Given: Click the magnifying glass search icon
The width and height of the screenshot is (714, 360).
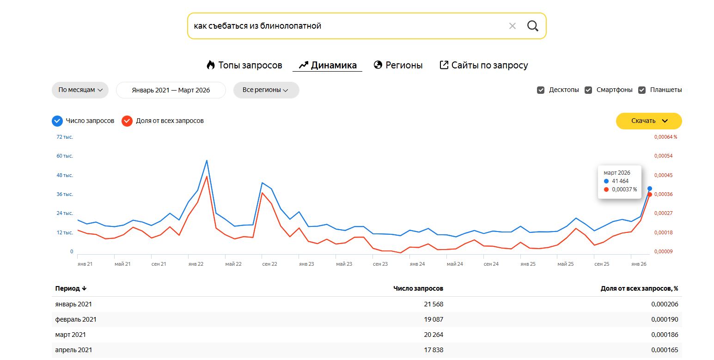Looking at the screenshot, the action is pyautogui.click(x=532, y=26).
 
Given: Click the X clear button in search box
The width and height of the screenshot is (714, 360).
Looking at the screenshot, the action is pyautogui.click(x=512, y=26).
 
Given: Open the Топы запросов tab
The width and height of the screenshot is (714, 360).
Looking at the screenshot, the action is pyautogui.click(x=244, y=65).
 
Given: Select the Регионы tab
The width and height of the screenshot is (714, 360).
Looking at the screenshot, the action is pyautogui.click(x=398, y=65).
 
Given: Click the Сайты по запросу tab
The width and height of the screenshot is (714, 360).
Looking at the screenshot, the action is pyautogui.click(x=483, y=65).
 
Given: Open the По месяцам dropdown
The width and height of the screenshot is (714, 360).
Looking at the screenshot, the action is pyautogui.click(x=80, y=90).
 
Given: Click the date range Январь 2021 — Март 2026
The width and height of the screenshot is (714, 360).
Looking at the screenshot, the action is pyautogui.click(x=171, y=90).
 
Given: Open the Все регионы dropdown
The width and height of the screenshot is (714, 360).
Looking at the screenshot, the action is pyautogui.click(x=266, y=90).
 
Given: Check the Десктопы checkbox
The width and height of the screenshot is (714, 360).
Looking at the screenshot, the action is pyautogui.click(x=541, y=90).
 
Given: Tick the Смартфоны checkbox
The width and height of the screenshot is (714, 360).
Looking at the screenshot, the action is pyautogui.click(x=588, y=90).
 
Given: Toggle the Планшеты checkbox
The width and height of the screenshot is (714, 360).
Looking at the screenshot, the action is pyautogui.click(x=641, y=90).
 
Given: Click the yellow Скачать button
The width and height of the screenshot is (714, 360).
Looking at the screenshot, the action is pyautogui.click(x=649, y=121).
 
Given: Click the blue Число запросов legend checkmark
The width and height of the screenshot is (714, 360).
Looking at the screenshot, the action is pyautogui.click(x=57, y=121).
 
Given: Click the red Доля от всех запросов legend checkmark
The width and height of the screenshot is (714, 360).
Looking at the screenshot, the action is pyautogui.click(x=127, y=121).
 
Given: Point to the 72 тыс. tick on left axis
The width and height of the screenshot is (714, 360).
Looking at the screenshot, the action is pyautogui.click(x=65, y=137).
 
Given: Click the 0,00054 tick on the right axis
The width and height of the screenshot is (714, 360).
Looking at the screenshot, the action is pyautogui.click(x=663, y=156).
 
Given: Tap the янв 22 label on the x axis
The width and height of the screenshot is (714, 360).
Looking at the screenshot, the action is pyautogui.click(x=195, y=264).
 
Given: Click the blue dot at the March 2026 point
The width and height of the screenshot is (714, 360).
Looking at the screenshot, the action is pyautogui.click(x=650, y=189).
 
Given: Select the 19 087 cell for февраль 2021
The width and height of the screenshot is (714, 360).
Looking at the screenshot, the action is pyautogui.click(x=433, y=319).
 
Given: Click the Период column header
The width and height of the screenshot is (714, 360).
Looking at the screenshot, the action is pyautogui.click(x=71, y=288).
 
